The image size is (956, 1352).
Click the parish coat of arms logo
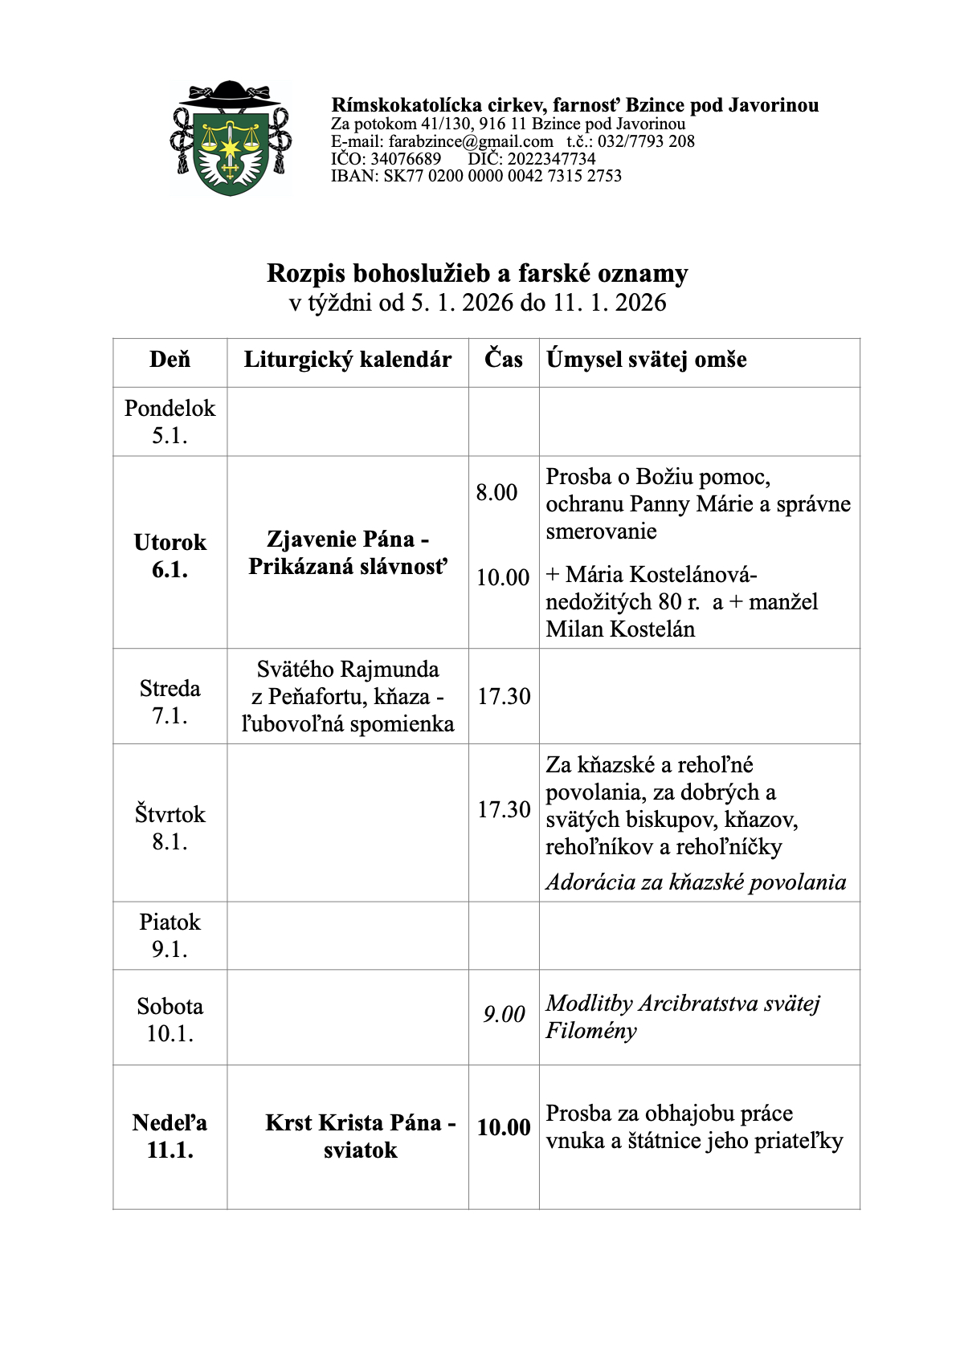231,139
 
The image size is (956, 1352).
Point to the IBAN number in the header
476,176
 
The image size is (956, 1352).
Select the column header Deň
170,360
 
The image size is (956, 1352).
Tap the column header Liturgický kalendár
347,360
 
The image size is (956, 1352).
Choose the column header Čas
504,359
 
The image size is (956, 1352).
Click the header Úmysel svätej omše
647,360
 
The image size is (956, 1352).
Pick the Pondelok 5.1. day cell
170,421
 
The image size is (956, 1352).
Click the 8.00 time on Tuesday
496,492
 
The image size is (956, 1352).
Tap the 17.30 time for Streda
504,696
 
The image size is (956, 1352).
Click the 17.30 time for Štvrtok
504,809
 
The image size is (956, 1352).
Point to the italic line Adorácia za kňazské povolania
696,882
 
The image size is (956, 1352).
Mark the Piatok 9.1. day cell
170,935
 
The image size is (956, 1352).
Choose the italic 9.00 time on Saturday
504,1015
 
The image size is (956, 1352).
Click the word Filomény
591,1031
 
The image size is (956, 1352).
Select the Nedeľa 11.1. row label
170,1136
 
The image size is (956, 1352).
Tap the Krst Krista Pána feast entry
361,1136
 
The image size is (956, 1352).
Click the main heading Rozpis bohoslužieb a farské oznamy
477,274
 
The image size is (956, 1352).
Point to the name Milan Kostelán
620,629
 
